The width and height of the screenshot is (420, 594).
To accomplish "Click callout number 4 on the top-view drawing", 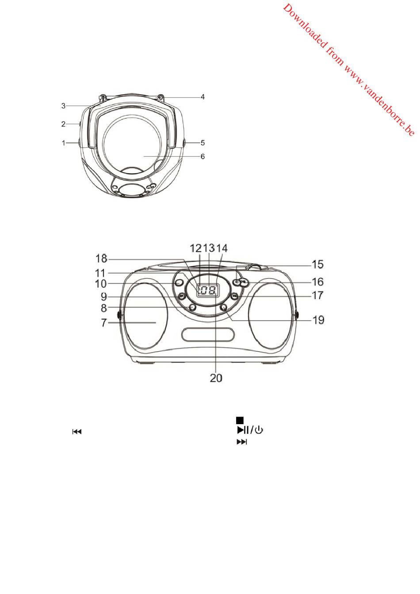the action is [x=202, y=97].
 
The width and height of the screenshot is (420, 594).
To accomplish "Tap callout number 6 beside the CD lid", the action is [x=203, y=157].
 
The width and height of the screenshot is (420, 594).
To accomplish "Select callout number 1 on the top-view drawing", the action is [x=64, y=143].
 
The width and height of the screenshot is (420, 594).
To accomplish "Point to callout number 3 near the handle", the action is [x=63, y=106].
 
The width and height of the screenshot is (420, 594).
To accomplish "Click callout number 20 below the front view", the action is [x=216, y=378].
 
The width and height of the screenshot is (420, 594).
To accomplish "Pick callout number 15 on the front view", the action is [x=318, y=264].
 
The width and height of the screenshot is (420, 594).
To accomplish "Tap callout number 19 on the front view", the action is [x=318, y=320].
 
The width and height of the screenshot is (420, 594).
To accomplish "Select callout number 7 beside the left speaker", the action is [x=104, y=323].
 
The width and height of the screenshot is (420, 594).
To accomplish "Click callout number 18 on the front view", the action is [x=101, y=258].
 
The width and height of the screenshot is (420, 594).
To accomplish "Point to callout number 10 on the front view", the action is [x=101, y=284].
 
